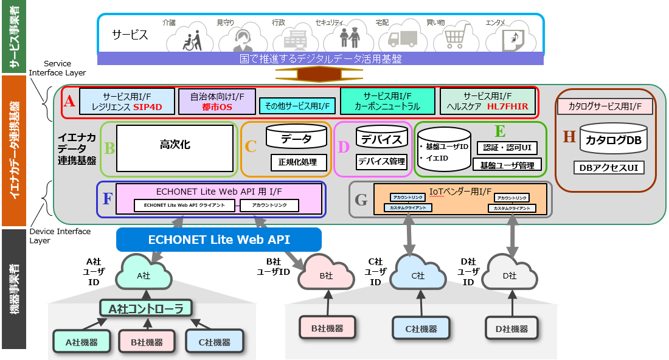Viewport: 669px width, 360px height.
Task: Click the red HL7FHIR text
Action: pyautogui.click(x=508, y=107)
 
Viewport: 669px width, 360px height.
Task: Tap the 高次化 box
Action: pyautogui.click(x=175, y=148)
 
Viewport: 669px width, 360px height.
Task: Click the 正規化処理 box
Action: pyautogui.click(x=298, y=162)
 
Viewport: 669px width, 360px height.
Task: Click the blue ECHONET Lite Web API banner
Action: pyautogui.click(x=219, y=240)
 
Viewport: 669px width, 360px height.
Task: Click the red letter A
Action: pyautogui.click(x=69, y=102)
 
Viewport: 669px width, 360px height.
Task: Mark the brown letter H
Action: pyautogui.click(x=569, y=137)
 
